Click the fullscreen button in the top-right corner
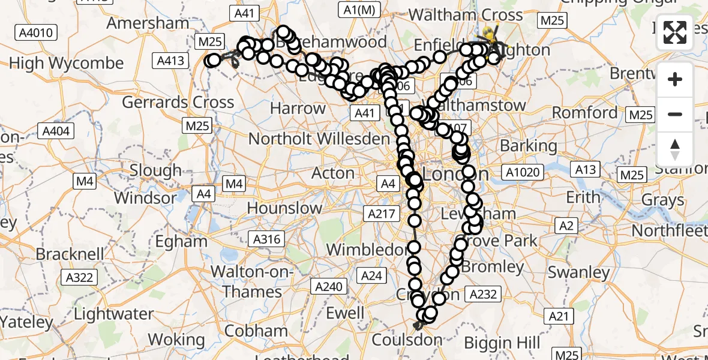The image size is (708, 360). click(x=675, y=32)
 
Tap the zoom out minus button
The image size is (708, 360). click(x=675, y=114)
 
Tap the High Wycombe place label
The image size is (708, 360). click(x=67, y=63)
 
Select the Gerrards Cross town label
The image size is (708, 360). click(x=178, y=102)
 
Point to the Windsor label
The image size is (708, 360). click(x=145, y=197)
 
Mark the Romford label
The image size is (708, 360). click(x=584, y=112)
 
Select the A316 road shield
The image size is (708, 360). click(x=267, y=239)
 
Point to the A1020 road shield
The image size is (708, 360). click(x=523, y=173)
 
